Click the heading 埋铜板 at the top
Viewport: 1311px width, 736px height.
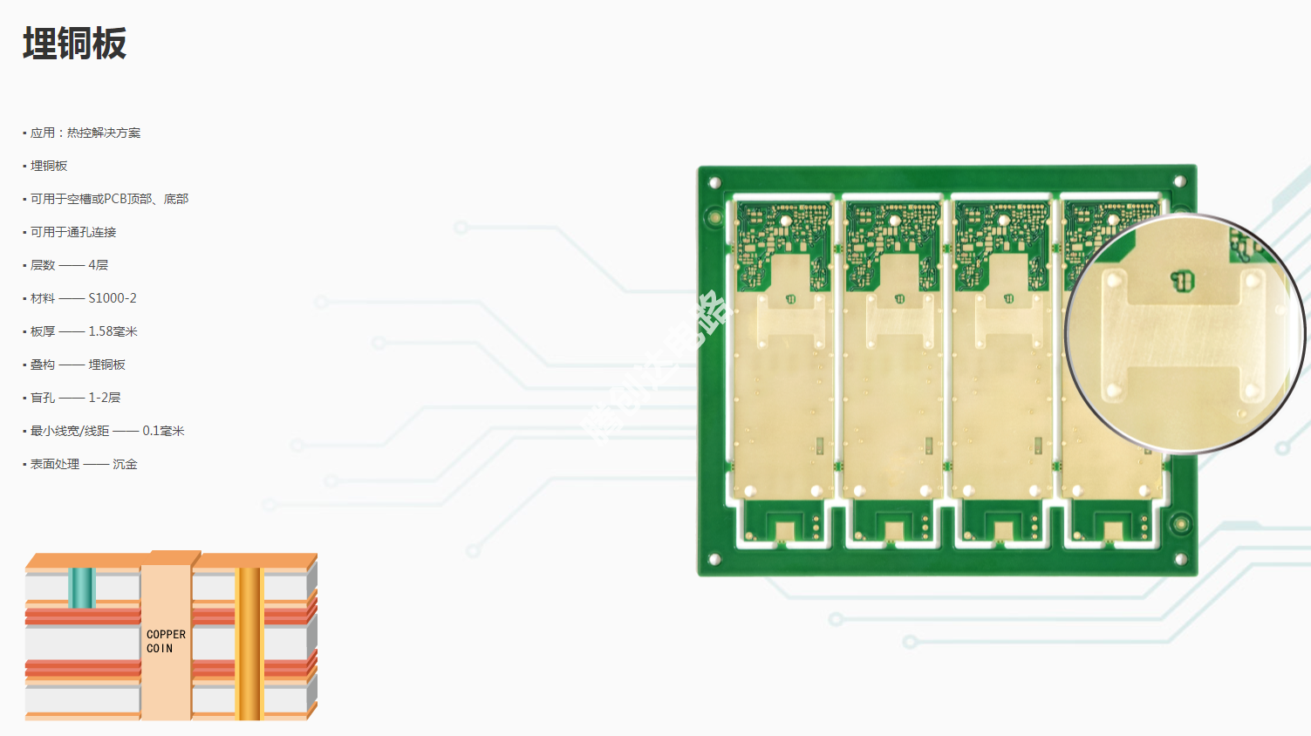[75, 44]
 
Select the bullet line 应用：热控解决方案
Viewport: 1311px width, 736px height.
[85, 133]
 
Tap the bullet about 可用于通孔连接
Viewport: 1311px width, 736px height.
[73, 233]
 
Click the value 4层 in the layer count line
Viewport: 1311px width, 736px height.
[98, 265]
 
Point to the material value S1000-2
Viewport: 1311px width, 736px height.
[113, 298]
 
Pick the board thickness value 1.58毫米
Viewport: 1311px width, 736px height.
[113, 331]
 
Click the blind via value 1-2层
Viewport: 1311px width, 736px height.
[104, 398]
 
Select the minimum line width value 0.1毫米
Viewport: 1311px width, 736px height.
[163, 431]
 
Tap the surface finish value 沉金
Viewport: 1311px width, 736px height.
[125, 464]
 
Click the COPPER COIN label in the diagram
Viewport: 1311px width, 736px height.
[166, 641]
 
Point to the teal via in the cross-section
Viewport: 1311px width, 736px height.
[81, 587]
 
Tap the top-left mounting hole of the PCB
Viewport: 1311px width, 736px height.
[714, 183]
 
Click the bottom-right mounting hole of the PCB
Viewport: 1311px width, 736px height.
[1180, 559]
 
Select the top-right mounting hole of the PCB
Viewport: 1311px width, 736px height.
[1179, 182]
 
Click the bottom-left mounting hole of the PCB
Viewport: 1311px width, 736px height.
[714, 559]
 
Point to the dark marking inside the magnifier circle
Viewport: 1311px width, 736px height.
[1182, 281]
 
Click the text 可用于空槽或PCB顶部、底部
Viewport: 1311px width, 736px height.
[109, 200]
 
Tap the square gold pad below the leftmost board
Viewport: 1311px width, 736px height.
[784, 530]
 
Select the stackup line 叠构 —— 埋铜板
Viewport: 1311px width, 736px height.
[78, 365]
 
